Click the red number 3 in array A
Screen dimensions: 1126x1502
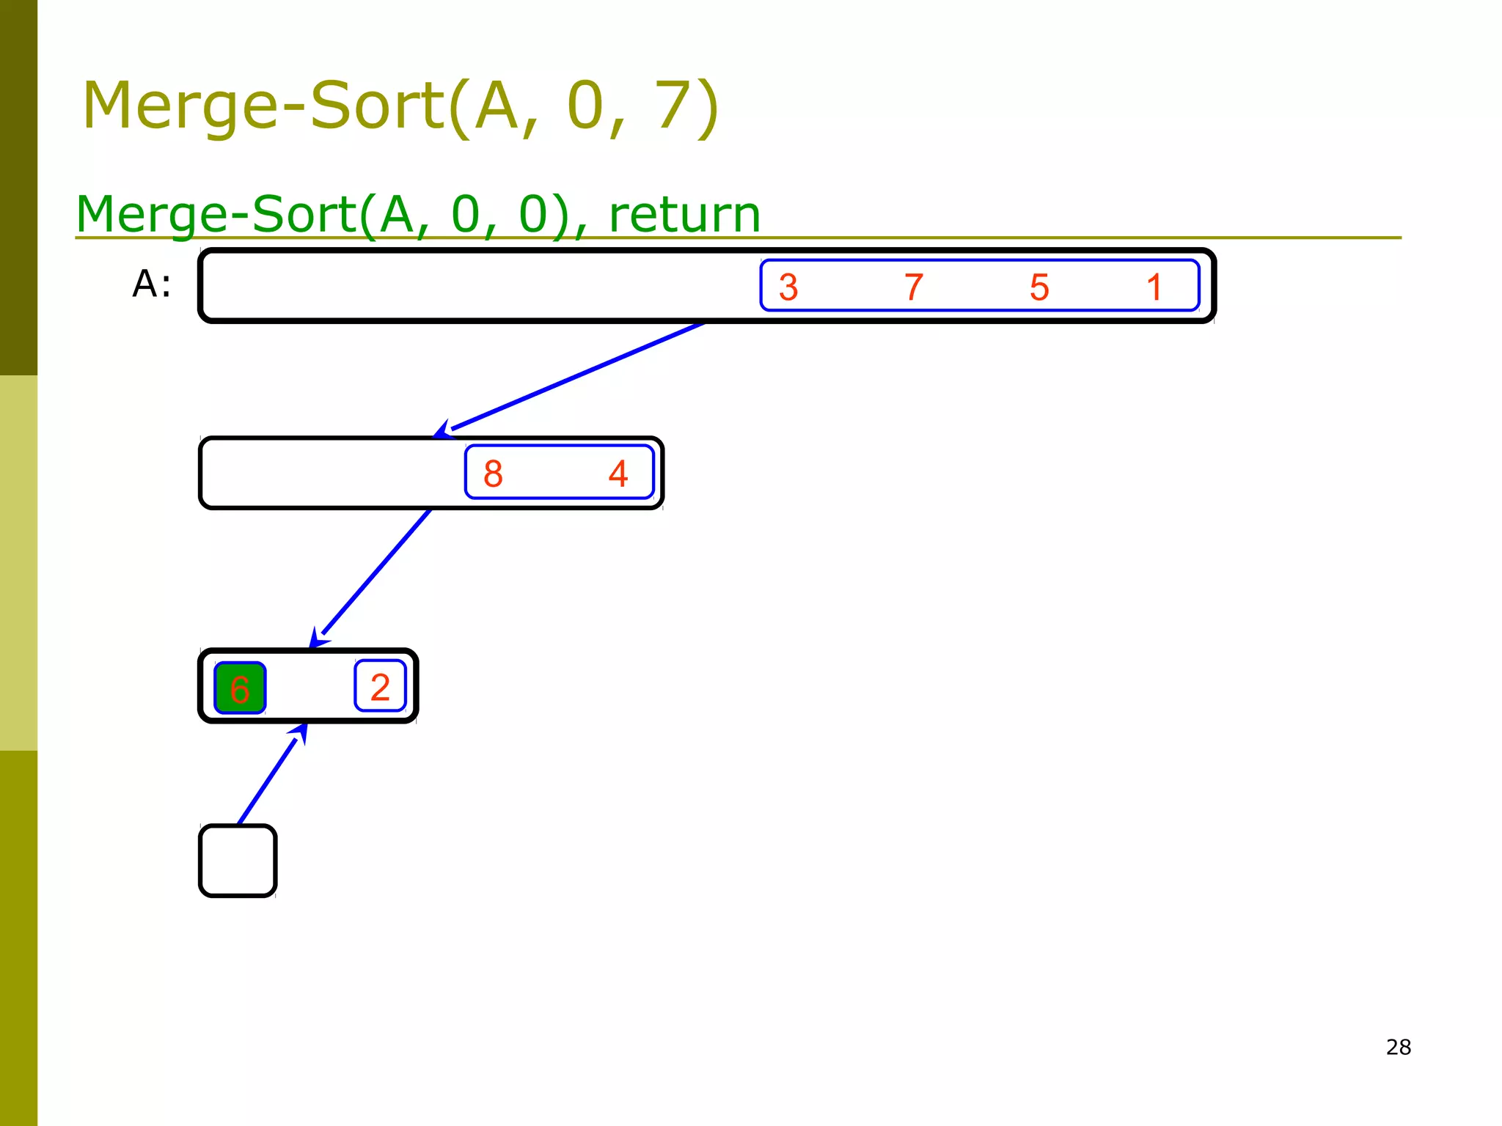point(788,287)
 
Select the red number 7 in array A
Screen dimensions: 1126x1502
point(914,287)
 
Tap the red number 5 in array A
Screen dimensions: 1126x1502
point(1039,287)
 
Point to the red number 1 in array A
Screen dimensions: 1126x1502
point(1154,287)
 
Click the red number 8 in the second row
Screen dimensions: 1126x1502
point(493,474)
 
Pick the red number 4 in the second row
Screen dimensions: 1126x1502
point(618,474)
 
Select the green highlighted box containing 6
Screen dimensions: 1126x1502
point(240,688)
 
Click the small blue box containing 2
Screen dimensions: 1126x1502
point(380,687)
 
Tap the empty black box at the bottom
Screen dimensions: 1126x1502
point(238,861)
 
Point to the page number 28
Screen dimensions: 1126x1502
point(1398,1047)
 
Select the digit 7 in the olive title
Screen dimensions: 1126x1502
point(675,106)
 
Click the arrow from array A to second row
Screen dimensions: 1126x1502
point(572,377)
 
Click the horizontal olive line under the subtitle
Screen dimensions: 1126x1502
point(1027,238)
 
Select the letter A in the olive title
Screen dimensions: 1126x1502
point(497,106)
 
